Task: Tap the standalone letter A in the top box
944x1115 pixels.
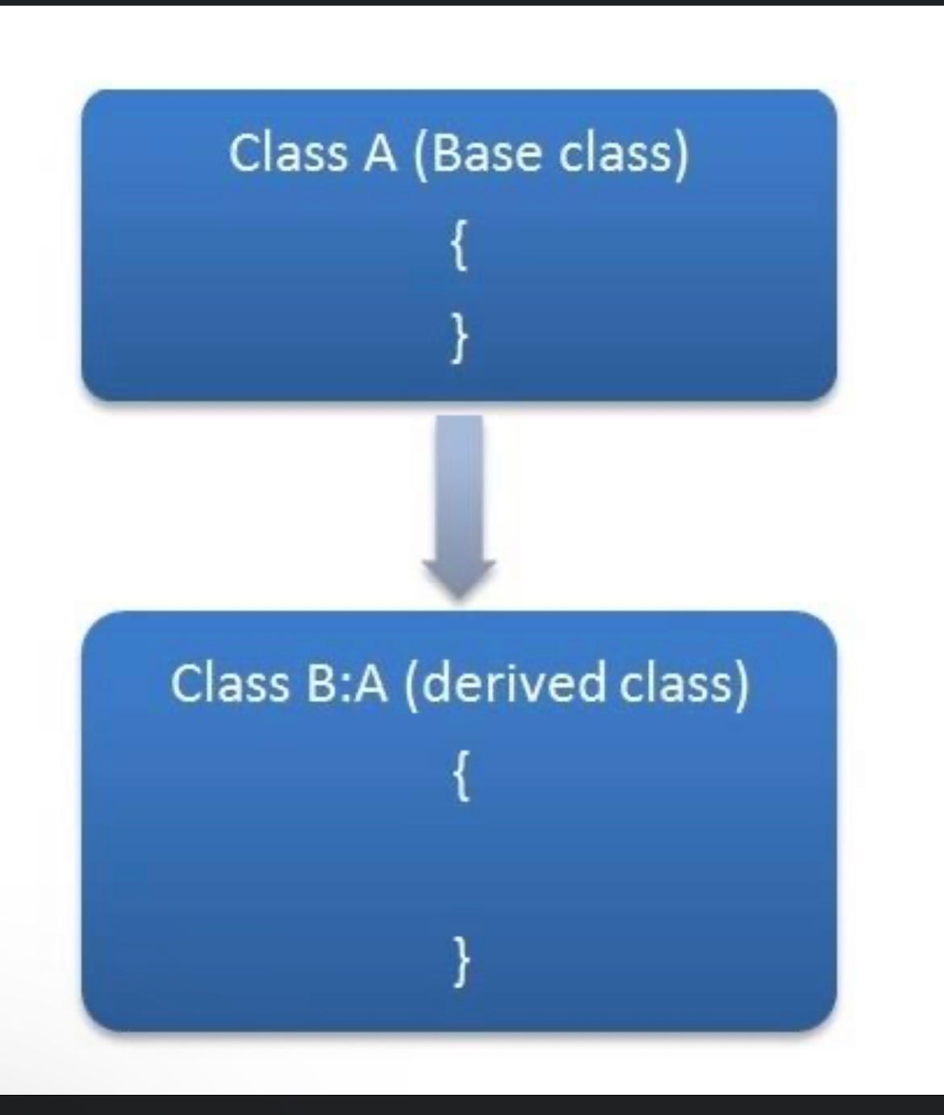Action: point(380,153)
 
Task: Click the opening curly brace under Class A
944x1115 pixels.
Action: point(458,249)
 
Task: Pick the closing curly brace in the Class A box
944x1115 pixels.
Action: point(458,338)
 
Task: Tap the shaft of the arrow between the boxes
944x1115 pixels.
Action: point(459,484)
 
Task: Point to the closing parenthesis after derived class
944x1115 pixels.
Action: point(741,684)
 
